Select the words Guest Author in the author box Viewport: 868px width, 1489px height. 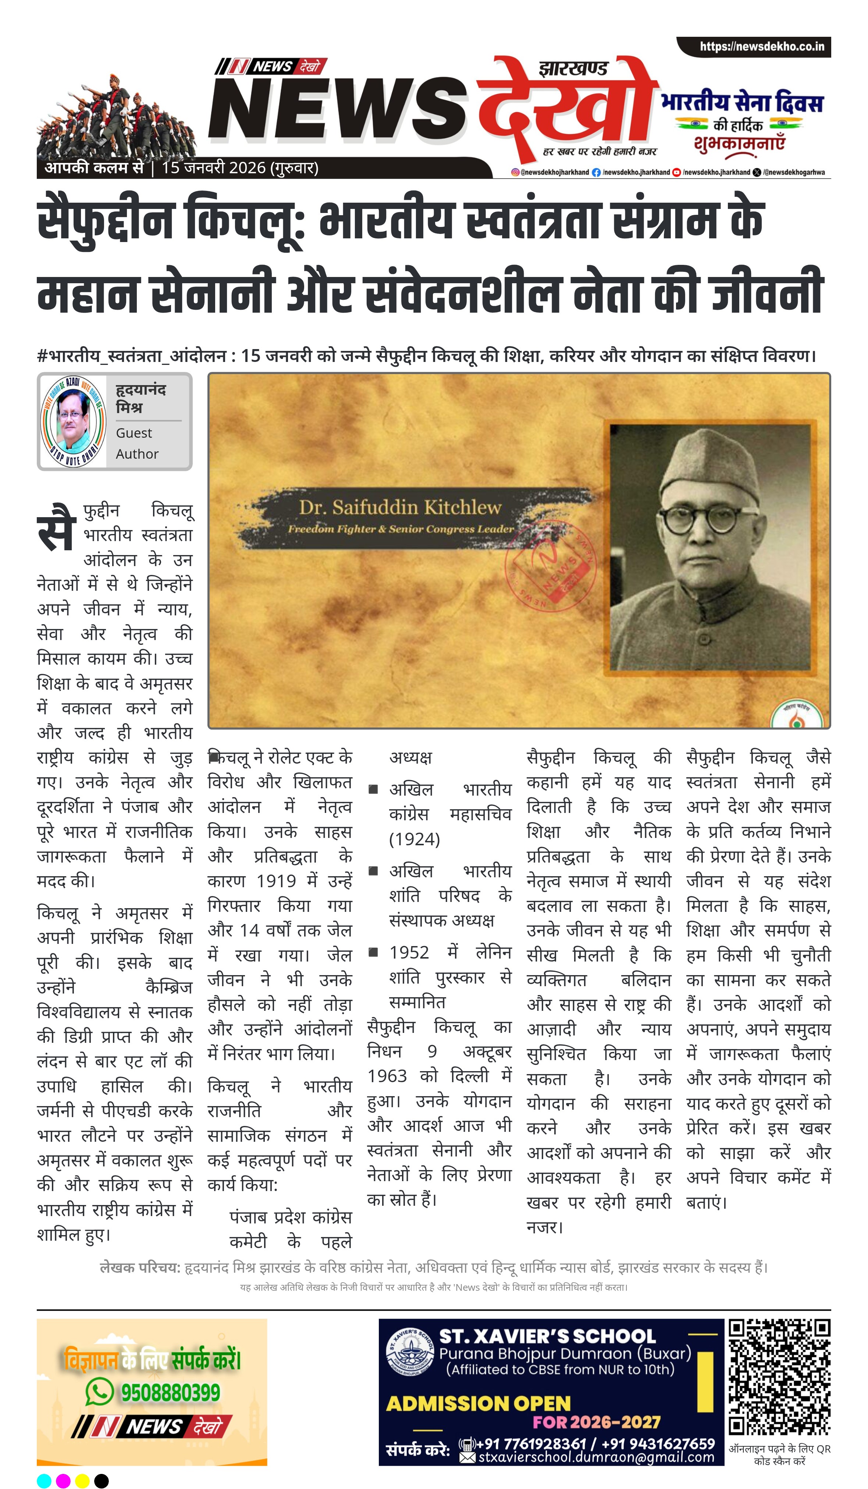click(137, 443)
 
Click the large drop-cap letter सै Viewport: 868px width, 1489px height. click(57, 527)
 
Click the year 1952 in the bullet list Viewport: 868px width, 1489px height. click(409, 952)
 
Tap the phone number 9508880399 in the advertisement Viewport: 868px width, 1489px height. click(171, 1393)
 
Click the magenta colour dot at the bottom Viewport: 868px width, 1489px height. click(63, 1481)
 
